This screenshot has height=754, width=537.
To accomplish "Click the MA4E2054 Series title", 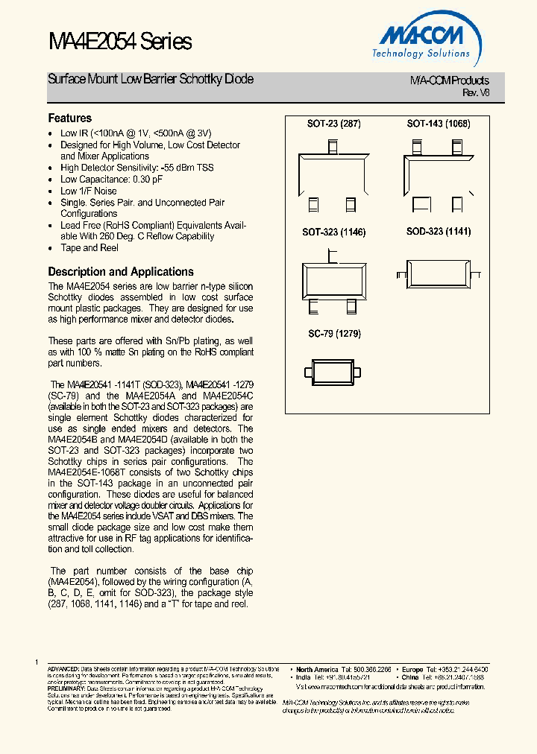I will pos(120,42).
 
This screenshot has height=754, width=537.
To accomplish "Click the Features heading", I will pos(70,118).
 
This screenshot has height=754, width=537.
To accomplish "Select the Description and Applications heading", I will pos(121,272).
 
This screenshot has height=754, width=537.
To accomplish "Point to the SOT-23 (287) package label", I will pos(333,124).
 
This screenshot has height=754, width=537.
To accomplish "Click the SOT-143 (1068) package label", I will pos(439,124).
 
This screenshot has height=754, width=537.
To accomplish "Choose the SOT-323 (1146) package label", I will pos(333,232).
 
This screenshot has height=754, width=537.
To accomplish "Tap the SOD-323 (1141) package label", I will pos(439,232).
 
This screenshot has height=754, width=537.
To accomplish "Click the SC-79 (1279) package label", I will pos(334,334).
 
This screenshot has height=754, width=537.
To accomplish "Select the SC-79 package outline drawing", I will pos(333,370).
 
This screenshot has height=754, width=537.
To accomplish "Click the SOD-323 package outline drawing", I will pos(438,269).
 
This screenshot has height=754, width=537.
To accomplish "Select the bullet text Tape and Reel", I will pos(89,248).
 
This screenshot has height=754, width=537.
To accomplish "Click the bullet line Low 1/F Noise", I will pos(89,191).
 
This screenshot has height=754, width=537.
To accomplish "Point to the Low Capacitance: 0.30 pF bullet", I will pos(111,180).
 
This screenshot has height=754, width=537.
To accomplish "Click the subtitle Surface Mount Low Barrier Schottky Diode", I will pos(151,79).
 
